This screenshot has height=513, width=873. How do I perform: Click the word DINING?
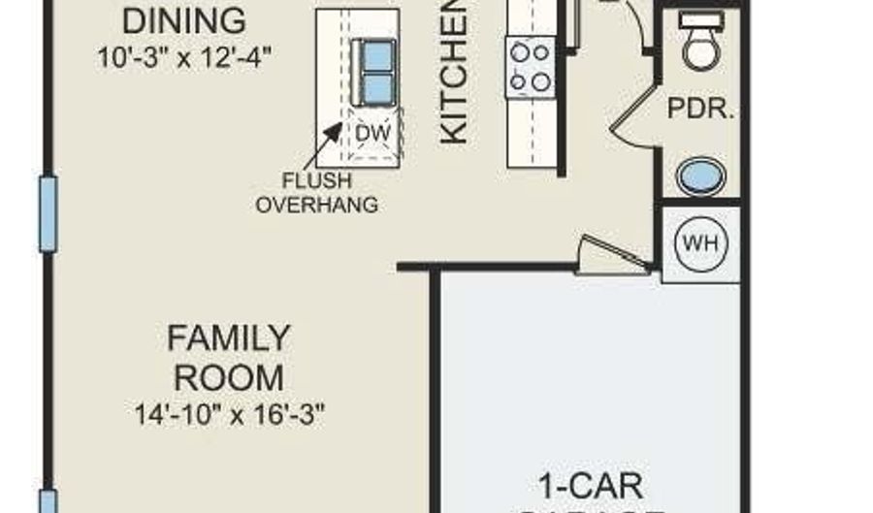[184, 19]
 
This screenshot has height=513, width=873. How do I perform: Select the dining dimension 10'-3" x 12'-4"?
[183, 56]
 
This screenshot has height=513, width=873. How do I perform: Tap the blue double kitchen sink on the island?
[373, 72]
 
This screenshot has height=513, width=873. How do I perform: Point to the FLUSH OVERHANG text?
[316, 192]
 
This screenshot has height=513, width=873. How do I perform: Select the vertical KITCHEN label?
[455, 73]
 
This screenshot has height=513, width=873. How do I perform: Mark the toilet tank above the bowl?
[700, 19]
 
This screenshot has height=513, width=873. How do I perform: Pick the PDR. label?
[698, 109]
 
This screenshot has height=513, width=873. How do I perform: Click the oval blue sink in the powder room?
[700, 178]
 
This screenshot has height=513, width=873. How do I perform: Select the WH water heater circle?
[700, 242]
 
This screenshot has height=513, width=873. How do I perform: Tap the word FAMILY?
[228, 338]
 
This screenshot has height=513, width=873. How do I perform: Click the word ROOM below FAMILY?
[228, 376]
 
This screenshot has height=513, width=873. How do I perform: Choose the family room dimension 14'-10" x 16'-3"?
[229, 414]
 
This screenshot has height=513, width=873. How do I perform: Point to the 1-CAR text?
[591, 484]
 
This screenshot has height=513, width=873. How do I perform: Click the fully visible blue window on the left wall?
[48, 213]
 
